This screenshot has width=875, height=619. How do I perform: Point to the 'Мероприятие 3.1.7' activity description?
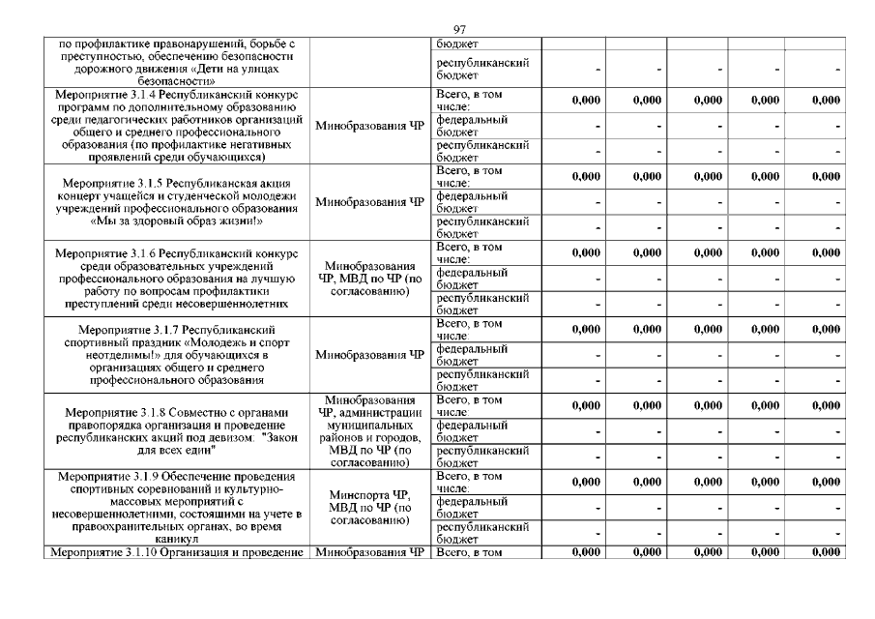coord(175,355)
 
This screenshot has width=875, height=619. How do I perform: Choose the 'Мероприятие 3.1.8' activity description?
coord(175,431)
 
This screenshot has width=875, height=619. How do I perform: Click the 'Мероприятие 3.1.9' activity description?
coord(175,508)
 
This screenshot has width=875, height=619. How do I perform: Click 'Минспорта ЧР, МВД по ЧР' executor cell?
coord(370,508)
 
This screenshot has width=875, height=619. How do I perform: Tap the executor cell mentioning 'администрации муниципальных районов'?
coord(370,431)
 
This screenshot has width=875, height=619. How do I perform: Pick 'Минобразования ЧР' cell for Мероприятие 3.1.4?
coord(370,126)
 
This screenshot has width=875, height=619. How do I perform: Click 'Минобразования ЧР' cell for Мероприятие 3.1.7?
coord(370,355)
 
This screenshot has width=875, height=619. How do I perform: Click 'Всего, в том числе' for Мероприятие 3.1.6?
coord(470,253)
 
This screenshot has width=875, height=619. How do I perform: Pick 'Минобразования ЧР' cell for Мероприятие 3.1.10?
coord(370,553)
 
